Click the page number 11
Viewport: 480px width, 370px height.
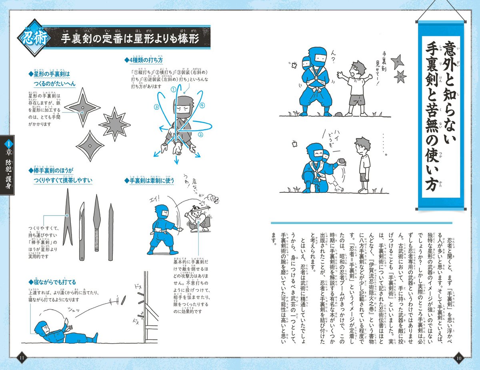[22, 357]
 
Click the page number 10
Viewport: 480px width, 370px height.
[458, 357]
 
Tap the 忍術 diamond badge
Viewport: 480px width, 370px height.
[33, 40]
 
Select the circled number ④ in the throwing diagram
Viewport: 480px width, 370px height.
[202, 106]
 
